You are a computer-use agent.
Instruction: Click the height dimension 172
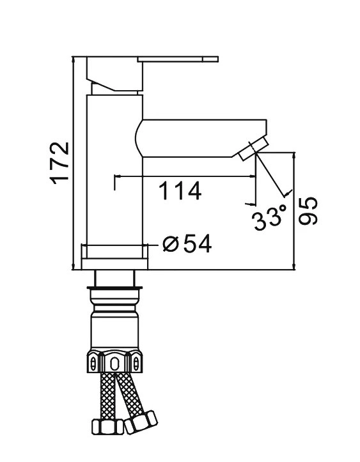(x=59, y=162)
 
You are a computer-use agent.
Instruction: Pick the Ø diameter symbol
(x=171, y=243)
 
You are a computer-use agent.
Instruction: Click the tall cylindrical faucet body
(x=113, y=173)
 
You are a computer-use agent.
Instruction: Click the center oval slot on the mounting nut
(x=114, y=364)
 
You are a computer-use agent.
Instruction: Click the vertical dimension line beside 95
(x=293, y=210)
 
